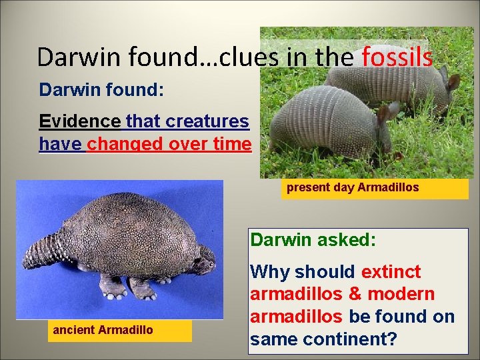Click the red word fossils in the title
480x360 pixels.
point(397,57)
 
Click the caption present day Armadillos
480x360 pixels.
point(353,187)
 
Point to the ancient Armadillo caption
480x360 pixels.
point(103,330)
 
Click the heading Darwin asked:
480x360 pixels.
point(313,239)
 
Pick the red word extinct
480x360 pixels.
point(391,272)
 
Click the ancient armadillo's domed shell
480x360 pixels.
point(127,230)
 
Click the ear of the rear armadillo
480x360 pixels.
point(453,82)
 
